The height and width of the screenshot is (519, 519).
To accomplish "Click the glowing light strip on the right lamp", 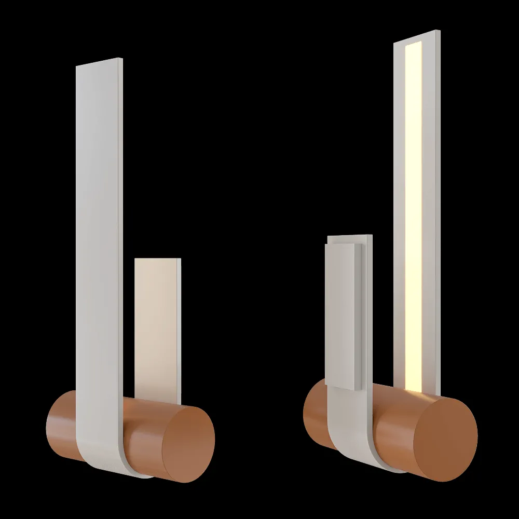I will pos(414,218).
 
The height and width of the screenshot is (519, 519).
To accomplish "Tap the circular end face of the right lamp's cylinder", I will pos(450,441).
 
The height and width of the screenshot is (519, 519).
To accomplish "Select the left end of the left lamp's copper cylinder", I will pos(52,426).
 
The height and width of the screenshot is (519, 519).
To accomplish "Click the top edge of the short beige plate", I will pos(156,259).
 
